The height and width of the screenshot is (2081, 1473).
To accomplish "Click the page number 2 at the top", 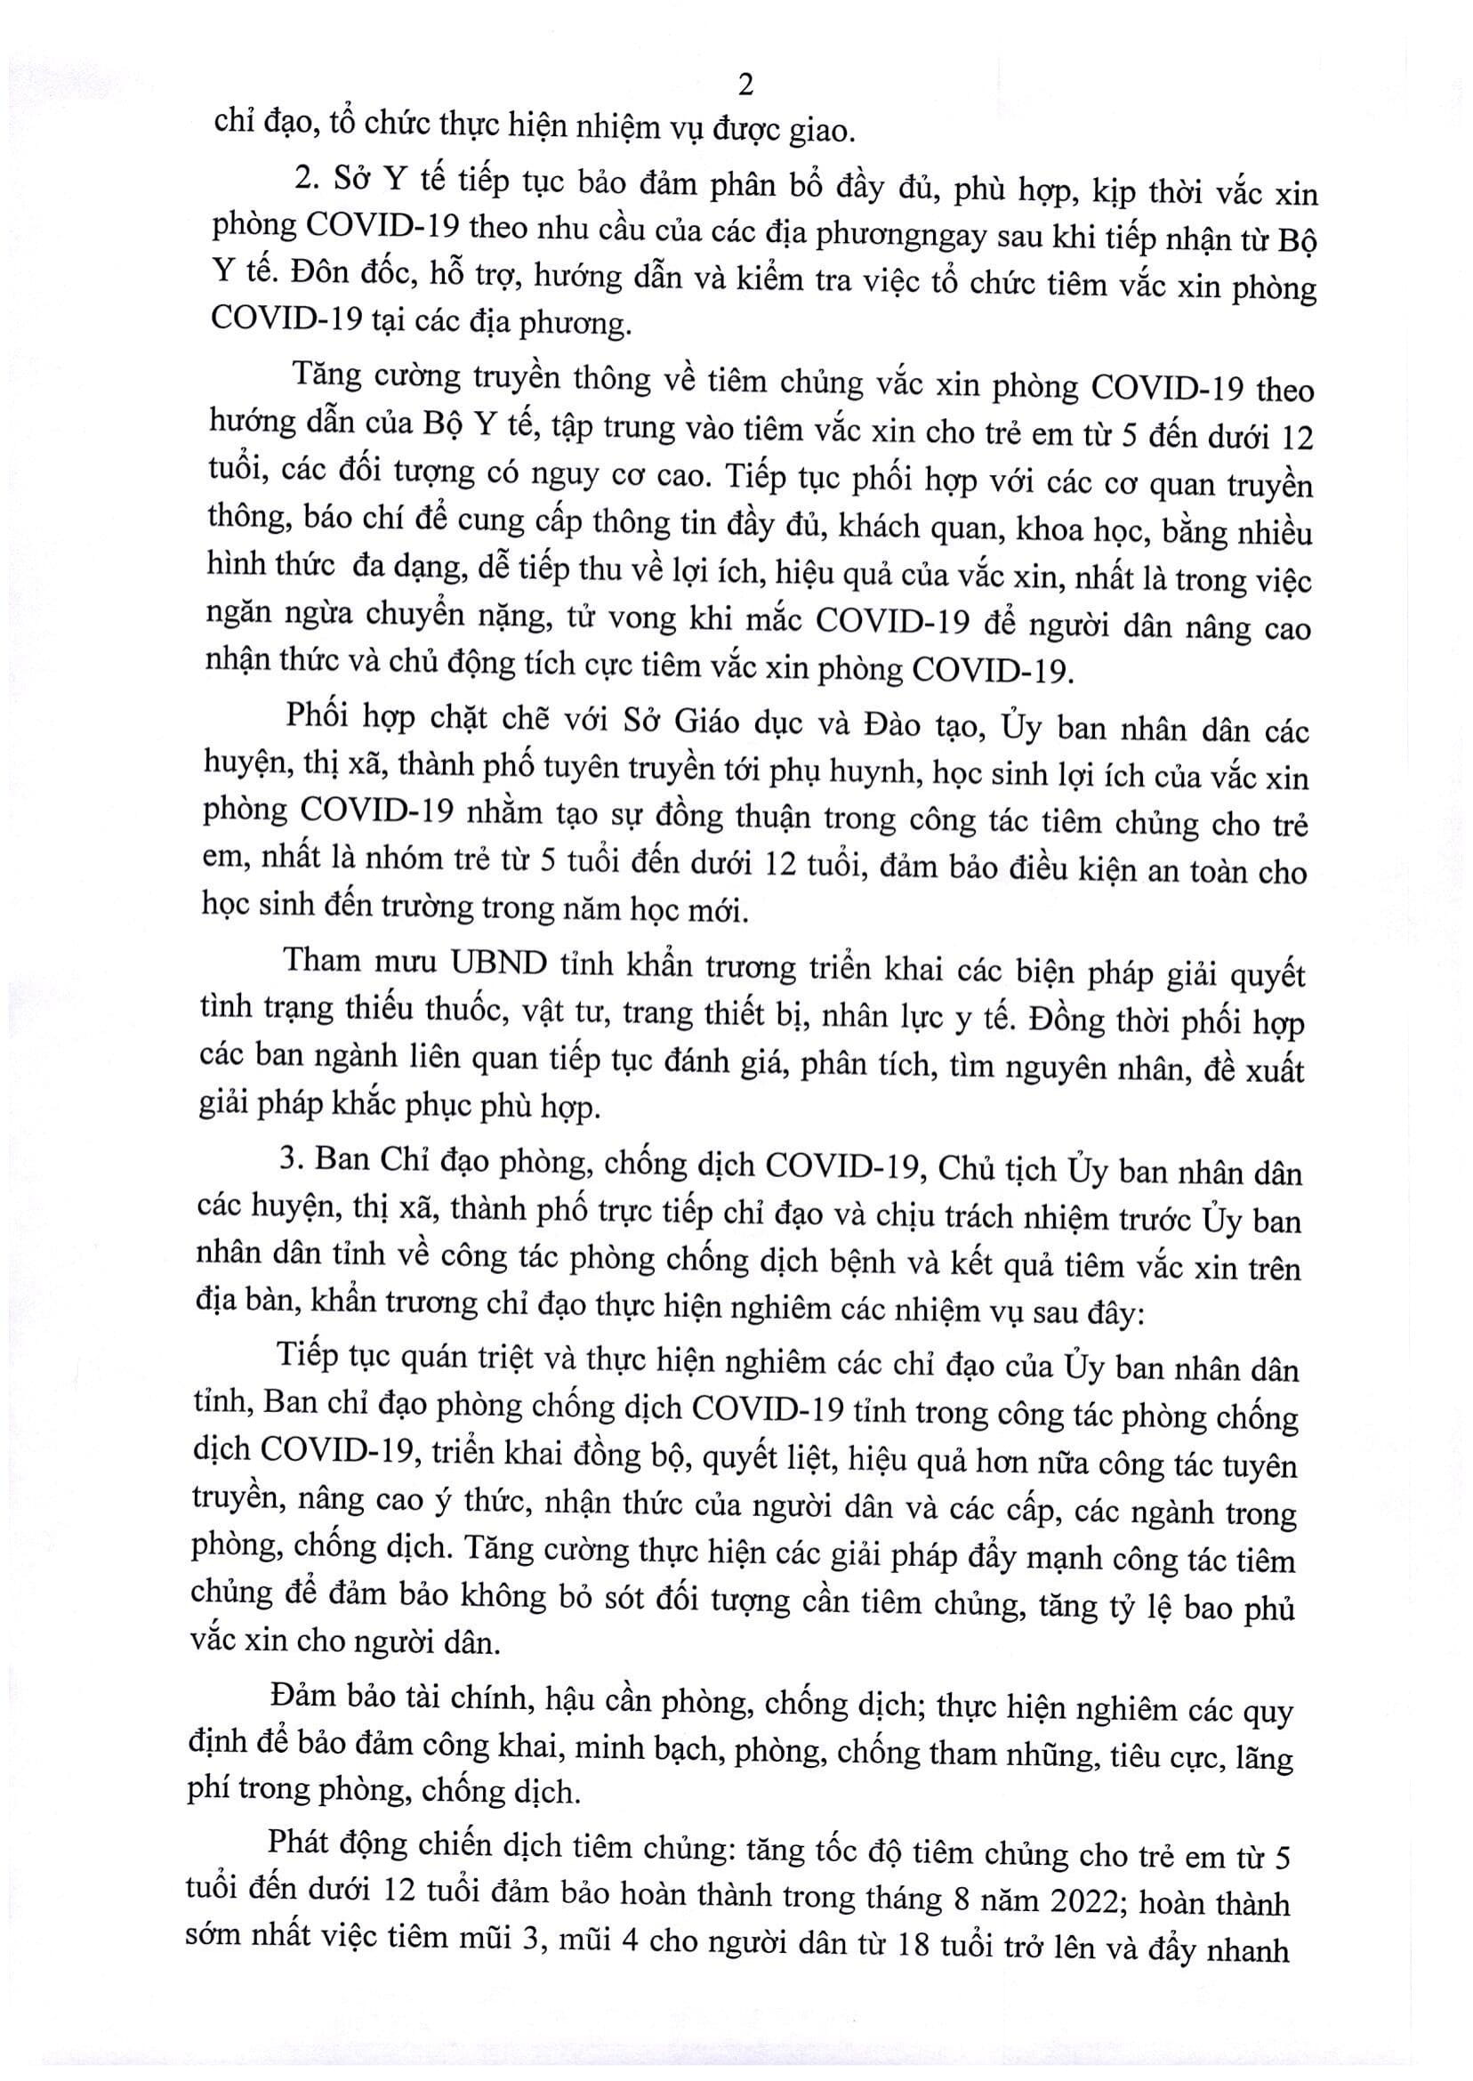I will (745, 85).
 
